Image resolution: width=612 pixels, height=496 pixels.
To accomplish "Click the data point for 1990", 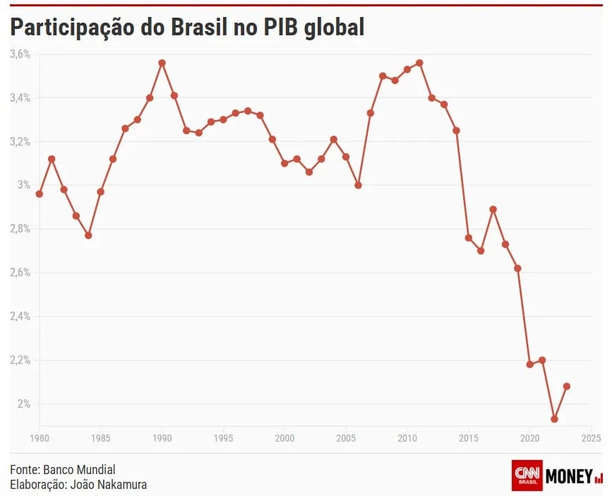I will pos(162,63).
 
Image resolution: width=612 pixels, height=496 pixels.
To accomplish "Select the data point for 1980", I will pos(40,194).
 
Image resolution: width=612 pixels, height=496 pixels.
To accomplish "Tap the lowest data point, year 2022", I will pos(554,419).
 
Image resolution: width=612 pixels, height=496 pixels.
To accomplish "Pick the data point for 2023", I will pos(567,386).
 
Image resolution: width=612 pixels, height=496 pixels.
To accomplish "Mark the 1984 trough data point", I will pos(88,235).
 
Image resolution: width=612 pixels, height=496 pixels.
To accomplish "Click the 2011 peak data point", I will pos(419,63).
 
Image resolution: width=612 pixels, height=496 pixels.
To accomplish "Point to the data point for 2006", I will pos(359,185).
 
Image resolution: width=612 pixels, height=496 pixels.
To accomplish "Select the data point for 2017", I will pos(493,209).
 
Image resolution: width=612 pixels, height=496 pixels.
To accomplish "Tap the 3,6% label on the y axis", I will pos(20,54).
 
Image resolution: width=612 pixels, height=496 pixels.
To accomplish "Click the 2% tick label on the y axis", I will pos(25,403).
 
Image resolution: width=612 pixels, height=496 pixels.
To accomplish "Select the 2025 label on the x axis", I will pos(592,439).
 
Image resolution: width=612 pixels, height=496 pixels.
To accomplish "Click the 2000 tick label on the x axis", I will pos(284,439).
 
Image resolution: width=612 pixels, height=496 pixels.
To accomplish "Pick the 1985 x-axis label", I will pos(101,439).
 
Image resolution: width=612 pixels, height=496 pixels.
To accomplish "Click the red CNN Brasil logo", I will pos(527,476).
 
